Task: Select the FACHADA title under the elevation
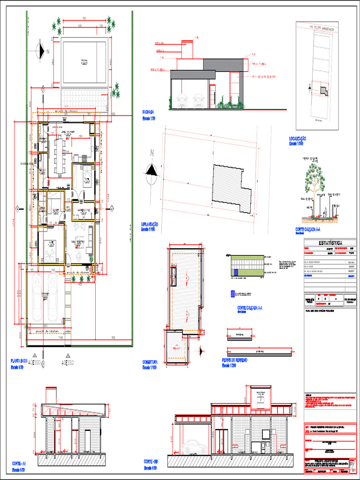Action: (x=149, y=112)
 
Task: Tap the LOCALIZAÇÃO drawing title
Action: (x=298, y=139)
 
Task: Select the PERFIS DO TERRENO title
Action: (x=234, y=360)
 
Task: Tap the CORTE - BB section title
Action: (x=152, y=461)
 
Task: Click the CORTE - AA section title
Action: (x=19, y=463)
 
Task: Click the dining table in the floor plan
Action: (x=59, y=155)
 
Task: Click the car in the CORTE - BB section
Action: (x=195, y=447)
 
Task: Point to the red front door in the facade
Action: (x=212, y=96)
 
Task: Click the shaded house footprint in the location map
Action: (x=323, y=91)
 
